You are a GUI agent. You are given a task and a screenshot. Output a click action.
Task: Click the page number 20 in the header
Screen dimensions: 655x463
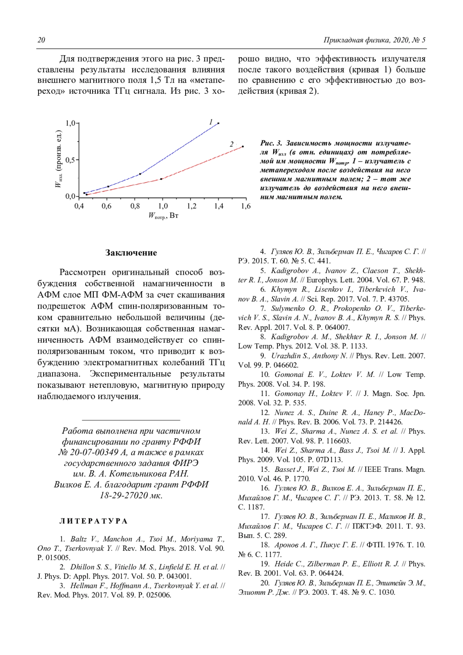[41, 40]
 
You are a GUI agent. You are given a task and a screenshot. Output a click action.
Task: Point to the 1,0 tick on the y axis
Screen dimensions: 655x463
[71, 123]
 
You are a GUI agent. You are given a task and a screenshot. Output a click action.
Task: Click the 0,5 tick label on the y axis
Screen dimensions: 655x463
[71, 160]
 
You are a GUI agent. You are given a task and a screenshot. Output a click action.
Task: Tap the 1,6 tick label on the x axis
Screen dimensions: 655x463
[246, 206]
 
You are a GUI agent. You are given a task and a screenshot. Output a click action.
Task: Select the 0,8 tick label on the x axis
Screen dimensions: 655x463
[135, 206]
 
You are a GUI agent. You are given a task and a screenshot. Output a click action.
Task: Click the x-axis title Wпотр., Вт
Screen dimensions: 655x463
[163, 216]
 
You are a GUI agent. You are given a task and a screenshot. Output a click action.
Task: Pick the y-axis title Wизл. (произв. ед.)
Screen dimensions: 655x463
[59, 159]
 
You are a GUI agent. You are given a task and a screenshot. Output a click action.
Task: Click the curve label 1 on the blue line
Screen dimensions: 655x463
[211, 122]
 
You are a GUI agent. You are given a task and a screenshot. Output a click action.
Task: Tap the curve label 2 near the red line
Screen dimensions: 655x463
[231, 144]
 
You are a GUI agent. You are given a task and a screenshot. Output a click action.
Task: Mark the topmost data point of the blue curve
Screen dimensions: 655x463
[218, 123]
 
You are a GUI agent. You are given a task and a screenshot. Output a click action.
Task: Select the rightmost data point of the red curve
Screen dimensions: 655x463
[243, 147]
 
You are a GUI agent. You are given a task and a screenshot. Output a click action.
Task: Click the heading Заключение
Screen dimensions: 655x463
[131, 253]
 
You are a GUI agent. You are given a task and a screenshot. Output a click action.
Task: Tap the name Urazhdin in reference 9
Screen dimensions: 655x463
[286, 356]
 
